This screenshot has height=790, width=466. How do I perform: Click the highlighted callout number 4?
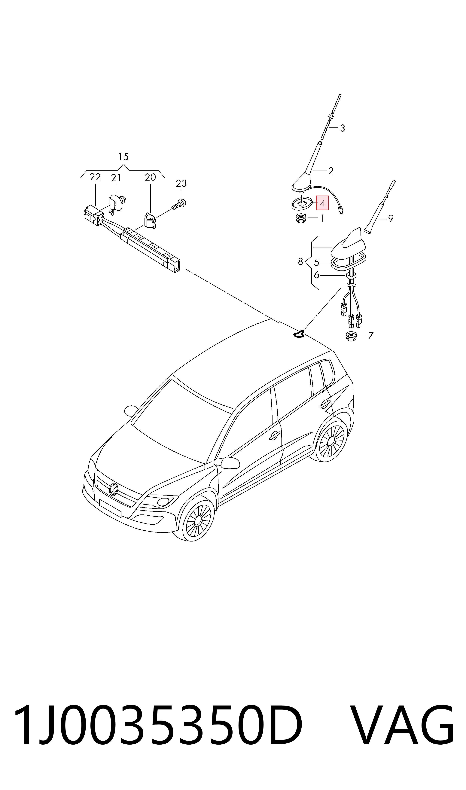(322, 203)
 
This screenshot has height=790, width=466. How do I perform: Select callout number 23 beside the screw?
(181, 183)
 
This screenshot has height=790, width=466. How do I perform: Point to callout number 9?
(391, 218)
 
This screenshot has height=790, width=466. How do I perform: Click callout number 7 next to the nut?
(370, 336)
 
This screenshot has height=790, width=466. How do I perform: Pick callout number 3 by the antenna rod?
(342, 128)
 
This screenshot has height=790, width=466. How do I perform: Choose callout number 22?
(95, 177)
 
